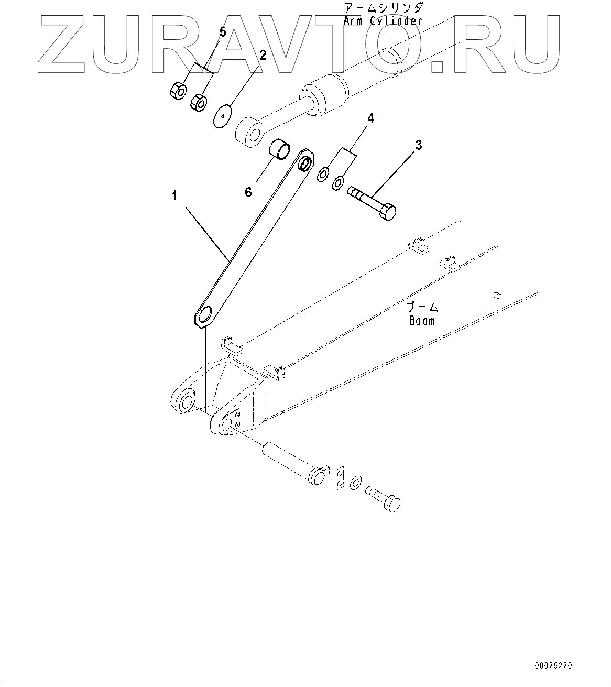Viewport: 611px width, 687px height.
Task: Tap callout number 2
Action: tap(263, 56)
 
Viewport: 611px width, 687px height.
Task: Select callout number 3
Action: tap(418, 145)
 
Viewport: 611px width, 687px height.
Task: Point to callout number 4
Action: tap(370, 118)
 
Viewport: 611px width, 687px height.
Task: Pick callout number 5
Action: tap(222, 32)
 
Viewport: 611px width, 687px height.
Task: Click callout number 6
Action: tap(248, 192)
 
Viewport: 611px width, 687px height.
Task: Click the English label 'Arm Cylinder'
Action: tap(383, 21)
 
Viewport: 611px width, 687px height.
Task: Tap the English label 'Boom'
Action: tap(422, 320)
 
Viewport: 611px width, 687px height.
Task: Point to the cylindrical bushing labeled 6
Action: tap(280, 149)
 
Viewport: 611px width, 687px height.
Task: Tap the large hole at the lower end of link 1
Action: tap(206, 315)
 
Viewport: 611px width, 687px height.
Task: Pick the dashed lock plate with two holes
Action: tap(340, 477)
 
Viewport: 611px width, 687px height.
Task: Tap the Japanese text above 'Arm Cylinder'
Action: tap(383, 8)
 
